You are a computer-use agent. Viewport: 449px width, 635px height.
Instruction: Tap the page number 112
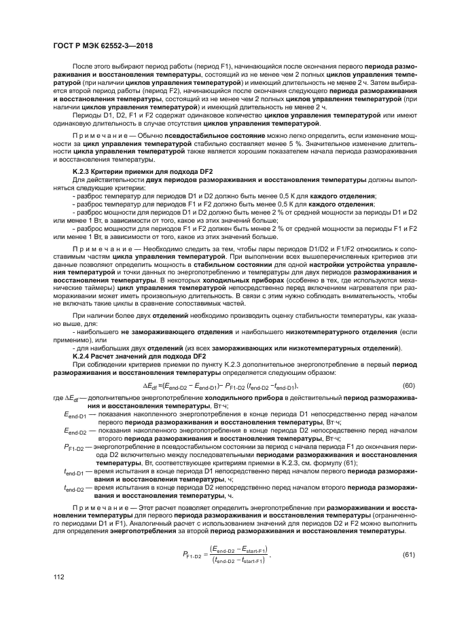[59, 596]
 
